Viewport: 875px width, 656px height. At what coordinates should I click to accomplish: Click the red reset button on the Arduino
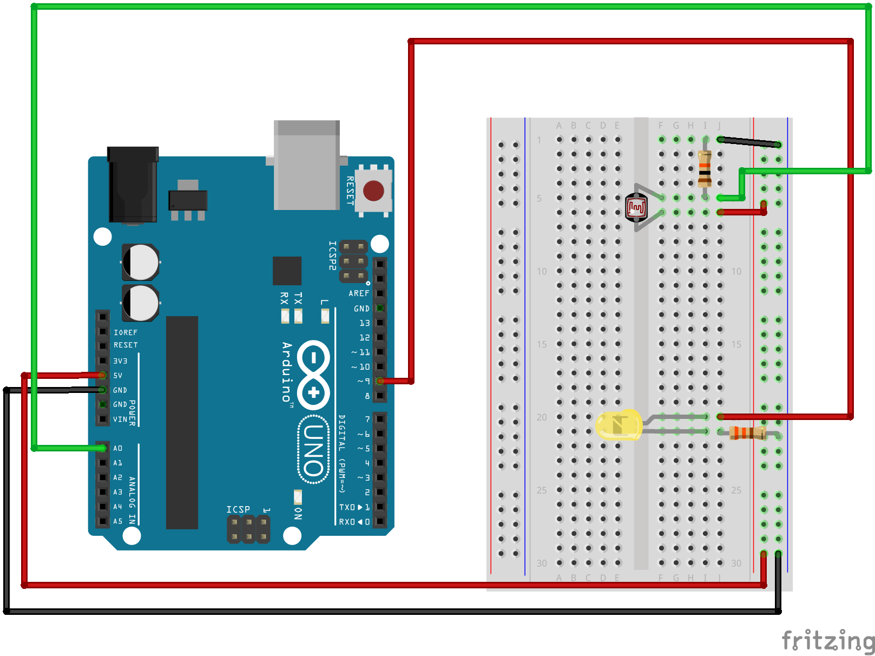(373, 191)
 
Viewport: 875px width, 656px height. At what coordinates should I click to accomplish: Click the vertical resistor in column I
(705, 169)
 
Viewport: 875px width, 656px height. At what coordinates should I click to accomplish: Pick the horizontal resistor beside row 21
(747, 432)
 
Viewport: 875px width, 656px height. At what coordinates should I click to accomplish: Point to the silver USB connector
(306, 165)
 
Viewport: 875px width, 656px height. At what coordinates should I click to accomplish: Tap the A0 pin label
(117, 448)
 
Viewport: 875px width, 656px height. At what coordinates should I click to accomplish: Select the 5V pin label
(117, 376)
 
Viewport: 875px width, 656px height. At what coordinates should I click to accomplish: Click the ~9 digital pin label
(364, 382)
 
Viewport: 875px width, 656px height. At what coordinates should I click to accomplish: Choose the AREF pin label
(359, 293)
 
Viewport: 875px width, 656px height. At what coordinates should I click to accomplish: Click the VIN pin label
(120, 419)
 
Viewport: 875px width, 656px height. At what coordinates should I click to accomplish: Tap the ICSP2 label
(333, 255)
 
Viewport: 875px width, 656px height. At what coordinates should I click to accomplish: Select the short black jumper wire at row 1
(749, 142)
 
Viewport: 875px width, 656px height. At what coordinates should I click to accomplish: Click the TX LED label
(298, 298)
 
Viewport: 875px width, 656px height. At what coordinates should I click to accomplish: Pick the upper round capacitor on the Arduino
(141, 263)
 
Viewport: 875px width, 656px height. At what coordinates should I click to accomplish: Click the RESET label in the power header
(126, 345)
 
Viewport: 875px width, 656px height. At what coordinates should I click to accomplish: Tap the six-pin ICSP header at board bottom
(248, 529)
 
